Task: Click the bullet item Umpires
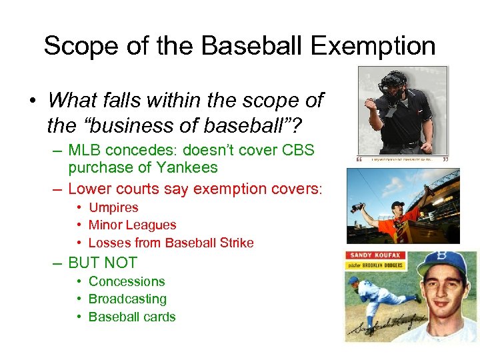coord(113,207)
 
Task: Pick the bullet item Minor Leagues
coord(132,225)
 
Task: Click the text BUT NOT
coord(103,263)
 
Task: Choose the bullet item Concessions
coord(127,281)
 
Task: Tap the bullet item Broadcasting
coord(127,299)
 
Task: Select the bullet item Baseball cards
coord(132,317)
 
